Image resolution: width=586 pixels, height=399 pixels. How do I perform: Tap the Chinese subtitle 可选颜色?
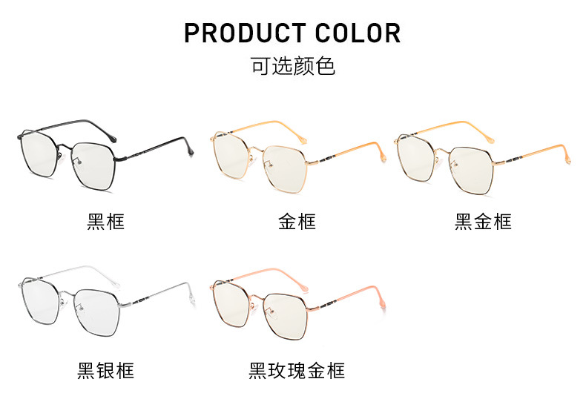(293, 66)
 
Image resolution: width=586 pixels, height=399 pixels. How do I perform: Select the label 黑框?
(105, 221)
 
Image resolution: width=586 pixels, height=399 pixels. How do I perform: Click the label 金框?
(297, 221)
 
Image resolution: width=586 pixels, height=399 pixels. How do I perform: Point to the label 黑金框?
(483, 221)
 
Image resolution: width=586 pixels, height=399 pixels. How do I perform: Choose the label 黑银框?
(105, 369)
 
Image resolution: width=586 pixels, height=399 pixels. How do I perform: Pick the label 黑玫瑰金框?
(297, 369)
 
